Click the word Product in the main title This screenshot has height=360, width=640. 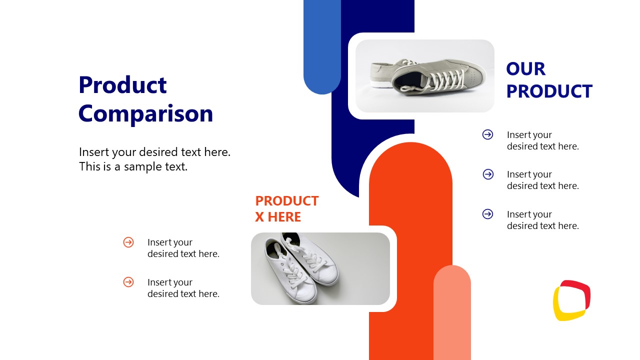coord(122,85)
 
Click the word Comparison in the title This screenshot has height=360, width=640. coord(145,113)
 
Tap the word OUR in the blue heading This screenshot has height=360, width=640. coord(525,69)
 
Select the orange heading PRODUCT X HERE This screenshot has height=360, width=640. coord(286,208)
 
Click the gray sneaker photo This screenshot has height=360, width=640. coord(424,76)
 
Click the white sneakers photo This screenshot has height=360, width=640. coord(320,268)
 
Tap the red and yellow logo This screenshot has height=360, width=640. coord(571,300)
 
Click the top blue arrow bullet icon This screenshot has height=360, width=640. coord(487,134)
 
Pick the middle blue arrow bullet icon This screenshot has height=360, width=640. coord(488,174)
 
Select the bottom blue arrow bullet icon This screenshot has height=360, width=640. coord(487,214)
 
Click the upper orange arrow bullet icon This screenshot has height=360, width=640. coord(128,242)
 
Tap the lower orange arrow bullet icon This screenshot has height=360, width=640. coord(128,282)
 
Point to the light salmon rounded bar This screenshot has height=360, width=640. coord(452,315)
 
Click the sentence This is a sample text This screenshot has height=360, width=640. coord(133,166)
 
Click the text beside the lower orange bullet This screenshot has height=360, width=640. coord(183,288)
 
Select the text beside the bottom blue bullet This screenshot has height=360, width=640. coord(542,220)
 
